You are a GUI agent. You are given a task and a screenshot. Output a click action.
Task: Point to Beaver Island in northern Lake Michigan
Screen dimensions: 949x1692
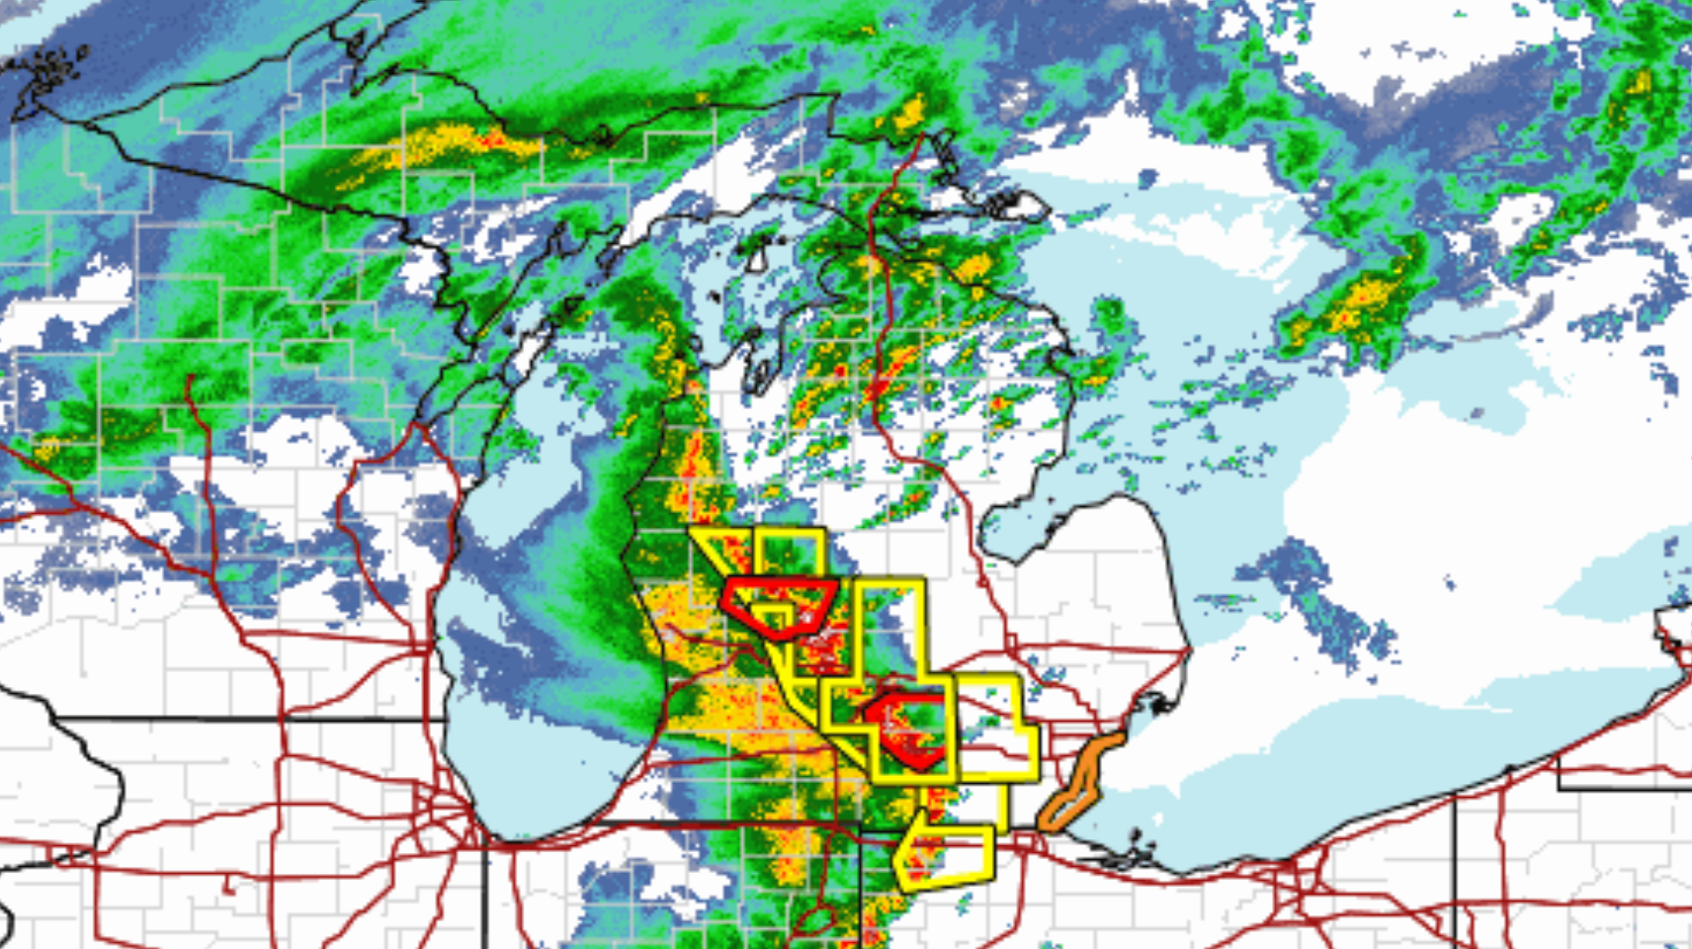coord(756,259)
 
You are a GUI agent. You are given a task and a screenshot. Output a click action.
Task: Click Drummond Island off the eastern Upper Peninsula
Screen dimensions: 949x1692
coord(1018,206)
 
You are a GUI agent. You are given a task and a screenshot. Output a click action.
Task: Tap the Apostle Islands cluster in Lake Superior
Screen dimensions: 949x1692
coord(44,69)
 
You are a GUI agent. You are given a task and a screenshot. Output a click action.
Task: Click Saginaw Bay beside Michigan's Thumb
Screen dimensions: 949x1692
coord(1018,524)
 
